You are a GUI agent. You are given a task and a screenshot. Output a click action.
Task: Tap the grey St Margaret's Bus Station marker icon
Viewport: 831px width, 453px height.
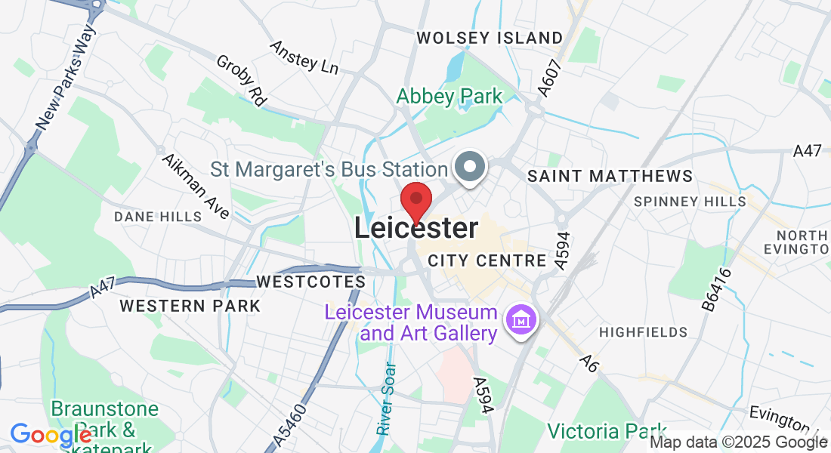point(471,167)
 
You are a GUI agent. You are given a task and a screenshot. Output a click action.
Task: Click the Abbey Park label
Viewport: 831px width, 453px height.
point(449,97)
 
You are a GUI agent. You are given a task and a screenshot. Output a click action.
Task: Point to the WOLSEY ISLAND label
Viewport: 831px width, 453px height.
point(490,38)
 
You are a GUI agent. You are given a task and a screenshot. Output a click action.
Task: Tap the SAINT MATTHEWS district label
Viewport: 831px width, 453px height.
point(610,176)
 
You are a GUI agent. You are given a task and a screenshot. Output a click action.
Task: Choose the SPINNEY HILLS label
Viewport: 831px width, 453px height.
point(690,202)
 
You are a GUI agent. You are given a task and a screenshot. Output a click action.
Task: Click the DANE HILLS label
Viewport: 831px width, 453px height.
point(158,217)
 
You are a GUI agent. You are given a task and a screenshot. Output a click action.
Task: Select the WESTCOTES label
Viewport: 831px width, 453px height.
point(310,282)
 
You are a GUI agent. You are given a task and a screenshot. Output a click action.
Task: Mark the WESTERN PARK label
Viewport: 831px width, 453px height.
point(190,306)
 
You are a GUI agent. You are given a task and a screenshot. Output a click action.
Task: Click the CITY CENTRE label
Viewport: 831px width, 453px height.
point(487,261)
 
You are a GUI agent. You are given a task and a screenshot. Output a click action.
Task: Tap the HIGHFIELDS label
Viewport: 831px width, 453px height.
point(643,332)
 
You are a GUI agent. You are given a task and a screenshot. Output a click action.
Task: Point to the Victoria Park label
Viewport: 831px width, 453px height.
point(602,431)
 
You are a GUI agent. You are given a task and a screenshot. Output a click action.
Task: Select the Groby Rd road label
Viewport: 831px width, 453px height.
point(242,79)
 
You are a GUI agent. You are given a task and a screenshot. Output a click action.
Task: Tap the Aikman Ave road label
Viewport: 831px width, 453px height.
point(196,187)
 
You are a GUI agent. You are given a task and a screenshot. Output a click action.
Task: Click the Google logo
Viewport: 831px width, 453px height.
point(50,436)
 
